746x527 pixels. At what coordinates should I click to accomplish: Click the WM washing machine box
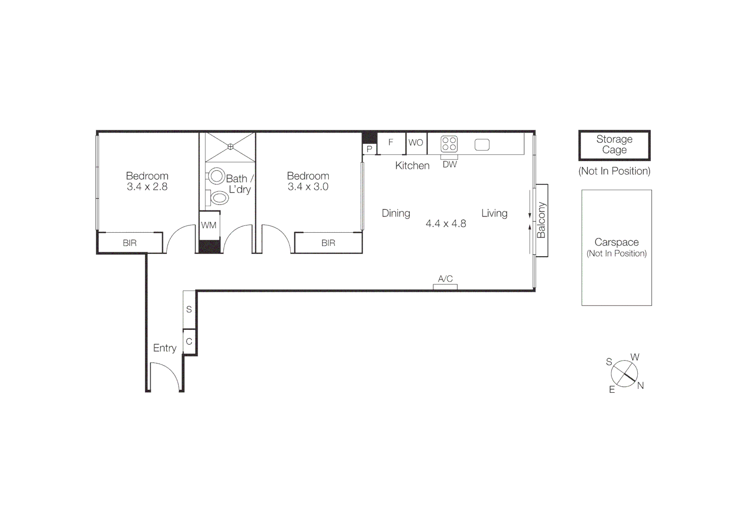point(209,225)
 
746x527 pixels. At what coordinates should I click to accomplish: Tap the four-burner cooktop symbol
point(449,144)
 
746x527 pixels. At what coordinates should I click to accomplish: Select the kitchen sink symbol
point(482,144)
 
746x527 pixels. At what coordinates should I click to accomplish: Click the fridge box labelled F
point(391,143)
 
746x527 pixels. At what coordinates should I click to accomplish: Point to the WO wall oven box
point(416,143)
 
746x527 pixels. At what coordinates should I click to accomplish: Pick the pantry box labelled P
point(369,149)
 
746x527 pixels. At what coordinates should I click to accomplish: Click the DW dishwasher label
point(449,164)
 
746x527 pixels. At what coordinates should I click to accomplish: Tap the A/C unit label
point(445,279)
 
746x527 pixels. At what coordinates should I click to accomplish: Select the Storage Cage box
point(614,145)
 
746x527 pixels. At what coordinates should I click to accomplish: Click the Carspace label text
point(616,242)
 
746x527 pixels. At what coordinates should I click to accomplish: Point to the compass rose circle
point(624,374)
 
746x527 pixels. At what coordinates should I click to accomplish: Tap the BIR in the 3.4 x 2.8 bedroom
point(130,243)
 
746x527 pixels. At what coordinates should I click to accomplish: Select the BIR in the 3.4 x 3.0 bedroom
point(328,243)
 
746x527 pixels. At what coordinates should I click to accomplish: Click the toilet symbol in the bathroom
point(219,198)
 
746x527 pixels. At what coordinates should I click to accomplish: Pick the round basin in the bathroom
point(216,176)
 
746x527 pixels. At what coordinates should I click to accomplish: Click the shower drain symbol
point(230,146)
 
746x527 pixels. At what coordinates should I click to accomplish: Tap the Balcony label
point(541,220)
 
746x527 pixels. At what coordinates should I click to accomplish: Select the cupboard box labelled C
point(189,342)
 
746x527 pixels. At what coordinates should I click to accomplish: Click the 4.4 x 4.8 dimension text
point(445,224)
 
